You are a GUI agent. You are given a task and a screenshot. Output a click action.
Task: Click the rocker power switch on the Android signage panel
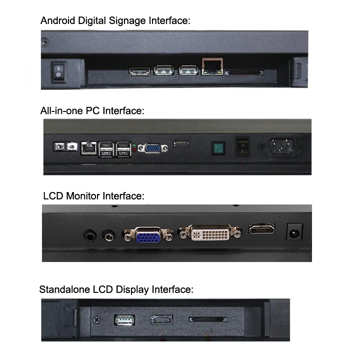click(58, 71)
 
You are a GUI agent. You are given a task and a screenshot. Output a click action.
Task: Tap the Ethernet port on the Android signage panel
click(212, 66)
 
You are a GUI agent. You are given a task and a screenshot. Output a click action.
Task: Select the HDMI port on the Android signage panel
click(139, 71)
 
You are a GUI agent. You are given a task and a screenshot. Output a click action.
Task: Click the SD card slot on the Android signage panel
click(244, 73)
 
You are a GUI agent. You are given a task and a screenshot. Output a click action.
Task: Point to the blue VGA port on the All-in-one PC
click(152, 148)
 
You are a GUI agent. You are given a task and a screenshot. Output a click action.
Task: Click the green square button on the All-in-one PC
click(218, 148)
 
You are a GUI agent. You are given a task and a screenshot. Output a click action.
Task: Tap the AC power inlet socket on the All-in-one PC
click(281, 146)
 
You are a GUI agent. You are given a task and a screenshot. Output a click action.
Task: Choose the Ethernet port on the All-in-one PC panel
click(88, 148)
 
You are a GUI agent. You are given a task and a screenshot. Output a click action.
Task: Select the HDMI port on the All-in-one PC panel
click(181, 144)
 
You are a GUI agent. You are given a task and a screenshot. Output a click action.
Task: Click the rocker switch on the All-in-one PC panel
click(242, 147)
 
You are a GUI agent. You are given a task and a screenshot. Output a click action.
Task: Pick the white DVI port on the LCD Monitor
click(210, 233)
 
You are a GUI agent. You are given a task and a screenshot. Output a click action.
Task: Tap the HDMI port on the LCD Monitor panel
click(261, 228)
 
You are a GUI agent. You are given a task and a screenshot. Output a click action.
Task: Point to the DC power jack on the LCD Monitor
click(294, 231)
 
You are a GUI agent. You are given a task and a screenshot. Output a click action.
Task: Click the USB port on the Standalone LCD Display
click(124, 320)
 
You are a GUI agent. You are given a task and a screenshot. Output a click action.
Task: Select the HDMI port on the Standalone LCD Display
click(162, 319)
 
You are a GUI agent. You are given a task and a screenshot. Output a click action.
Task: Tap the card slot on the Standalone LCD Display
click(208, 319)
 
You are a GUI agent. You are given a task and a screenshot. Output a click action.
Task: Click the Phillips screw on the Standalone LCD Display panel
click(97, 319)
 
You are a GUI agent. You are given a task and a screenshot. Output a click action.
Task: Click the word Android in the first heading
click(58, 20)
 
